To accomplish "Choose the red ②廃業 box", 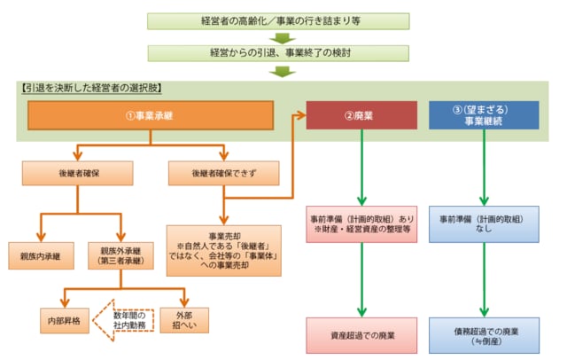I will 362,114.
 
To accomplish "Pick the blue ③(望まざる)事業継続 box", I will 484,115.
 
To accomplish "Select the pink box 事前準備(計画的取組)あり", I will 362,223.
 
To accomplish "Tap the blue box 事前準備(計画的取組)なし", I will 484,223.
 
